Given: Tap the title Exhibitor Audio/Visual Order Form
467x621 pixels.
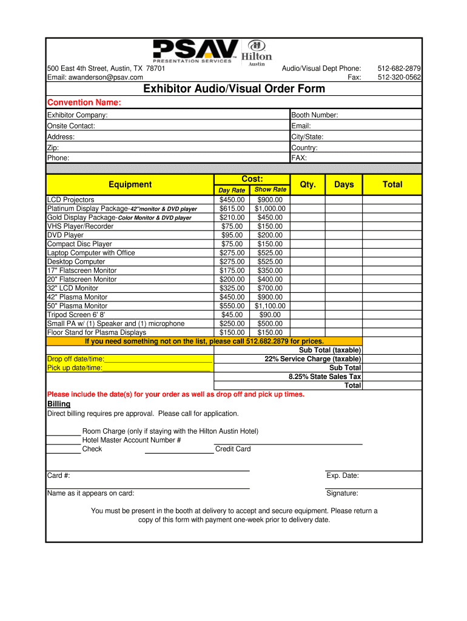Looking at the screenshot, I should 234,89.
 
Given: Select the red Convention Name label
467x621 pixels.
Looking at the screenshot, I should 84,102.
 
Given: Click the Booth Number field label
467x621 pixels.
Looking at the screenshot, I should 315,115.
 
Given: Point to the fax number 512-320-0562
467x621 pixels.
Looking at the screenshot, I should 399,78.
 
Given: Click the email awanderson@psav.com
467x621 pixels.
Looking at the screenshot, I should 95,78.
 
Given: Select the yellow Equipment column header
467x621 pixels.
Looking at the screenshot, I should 130,184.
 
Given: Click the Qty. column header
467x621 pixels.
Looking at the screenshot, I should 308,184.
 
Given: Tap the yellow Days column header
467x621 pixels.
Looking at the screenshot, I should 344,184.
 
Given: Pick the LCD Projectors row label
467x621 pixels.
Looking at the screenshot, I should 71,200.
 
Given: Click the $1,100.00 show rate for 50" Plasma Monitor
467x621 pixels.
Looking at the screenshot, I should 270,306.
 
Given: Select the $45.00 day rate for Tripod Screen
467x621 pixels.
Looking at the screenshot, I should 232,315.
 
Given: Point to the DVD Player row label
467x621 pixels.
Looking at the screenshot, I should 66,235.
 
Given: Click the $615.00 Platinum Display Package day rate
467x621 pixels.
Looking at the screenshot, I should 232,209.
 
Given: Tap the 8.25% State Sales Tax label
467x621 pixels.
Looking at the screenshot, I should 324,377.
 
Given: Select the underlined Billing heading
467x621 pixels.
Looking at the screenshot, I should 59,404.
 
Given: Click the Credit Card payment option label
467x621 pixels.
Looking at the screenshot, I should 233,449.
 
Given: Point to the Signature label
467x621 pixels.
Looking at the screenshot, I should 342,493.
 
